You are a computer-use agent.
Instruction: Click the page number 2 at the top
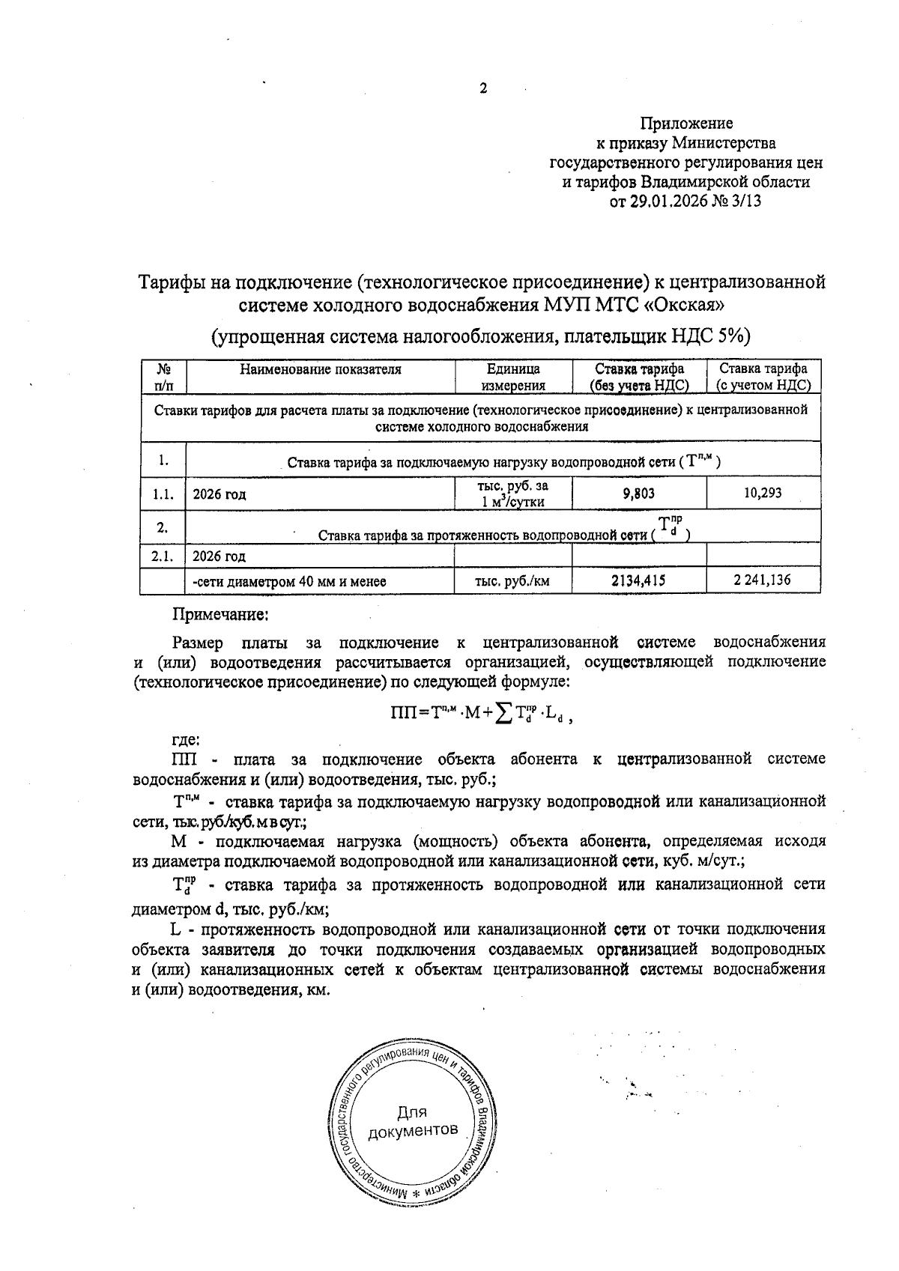click(x=483, y=89)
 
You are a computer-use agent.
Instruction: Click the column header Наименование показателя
click(x=320, y=369)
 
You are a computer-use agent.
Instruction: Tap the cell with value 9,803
click(x=638, y=494)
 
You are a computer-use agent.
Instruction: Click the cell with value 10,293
click(x=763, y=494)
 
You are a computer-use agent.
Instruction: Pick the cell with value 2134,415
click(x=638, y=580)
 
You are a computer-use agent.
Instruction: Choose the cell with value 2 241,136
click(x=763, y=580)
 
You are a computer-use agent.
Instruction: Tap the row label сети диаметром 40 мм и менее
click(x=289, y=581)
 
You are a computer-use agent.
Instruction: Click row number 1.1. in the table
click(x=162, y=494)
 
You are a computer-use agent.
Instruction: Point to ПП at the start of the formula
click(x=404, y=714)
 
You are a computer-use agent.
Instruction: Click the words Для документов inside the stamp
click(x=413, y=1120)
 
